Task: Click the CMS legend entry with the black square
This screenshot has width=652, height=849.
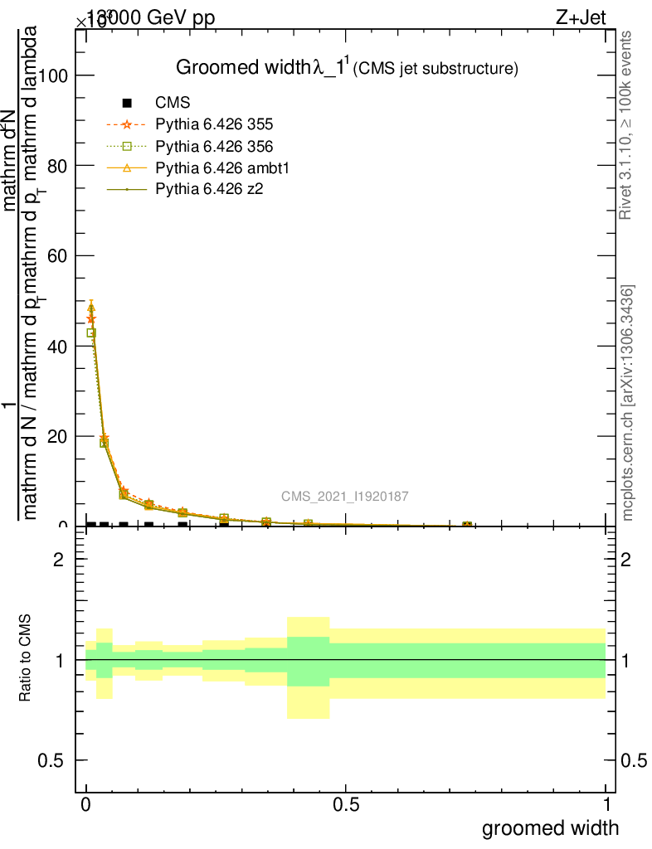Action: click(x=173, y=104)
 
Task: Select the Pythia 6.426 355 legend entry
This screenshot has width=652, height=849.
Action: click(x=214, y=125)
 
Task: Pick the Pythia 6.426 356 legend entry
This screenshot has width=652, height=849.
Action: click(x=214, y=147)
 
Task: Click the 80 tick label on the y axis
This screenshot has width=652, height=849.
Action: click(x=56, y=166)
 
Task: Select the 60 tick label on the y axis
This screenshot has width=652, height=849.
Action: click(x=56, y=255)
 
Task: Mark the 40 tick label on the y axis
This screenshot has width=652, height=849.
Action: click(x=56, y=346)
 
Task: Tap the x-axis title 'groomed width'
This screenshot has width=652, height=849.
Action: click(x=550, y=827)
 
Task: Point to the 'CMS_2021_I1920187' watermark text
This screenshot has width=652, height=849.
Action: click(x=344, y=497)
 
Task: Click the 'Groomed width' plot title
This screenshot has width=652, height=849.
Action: click(x=347, y=68)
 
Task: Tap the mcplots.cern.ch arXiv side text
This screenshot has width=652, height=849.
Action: click(x=629, y=402)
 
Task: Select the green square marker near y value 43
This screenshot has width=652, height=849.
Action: click(x=91, y=332)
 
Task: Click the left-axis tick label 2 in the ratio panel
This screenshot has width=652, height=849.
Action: click(x=58, y=560)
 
